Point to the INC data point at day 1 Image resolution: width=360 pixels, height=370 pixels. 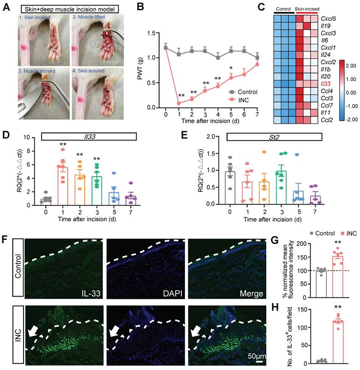click(x=179, y=103)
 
